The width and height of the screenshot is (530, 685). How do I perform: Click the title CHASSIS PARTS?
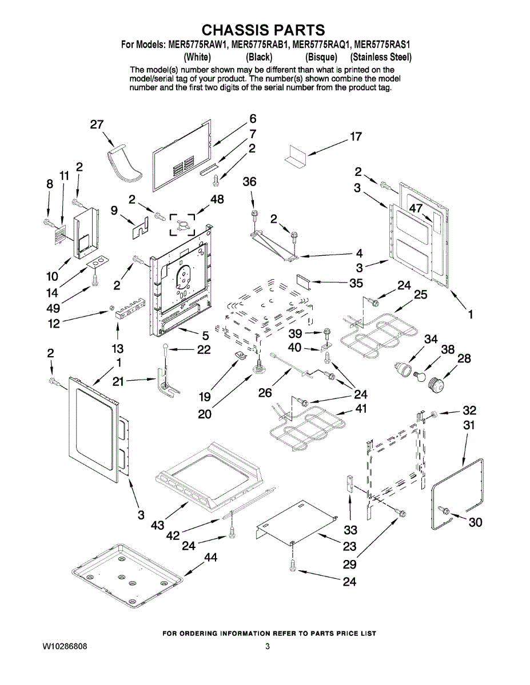point(264,30)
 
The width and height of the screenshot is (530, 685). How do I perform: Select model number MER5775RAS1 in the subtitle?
point(384,44)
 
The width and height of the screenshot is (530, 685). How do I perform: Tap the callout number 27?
point(97,124)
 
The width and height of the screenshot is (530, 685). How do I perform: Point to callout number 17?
point(356,137)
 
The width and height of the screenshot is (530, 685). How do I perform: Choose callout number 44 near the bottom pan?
point(210,558)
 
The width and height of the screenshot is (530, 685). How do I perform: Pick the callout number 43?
point(158,525)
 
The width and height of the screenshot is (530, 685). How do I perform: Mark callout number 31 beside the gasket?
point(469,425)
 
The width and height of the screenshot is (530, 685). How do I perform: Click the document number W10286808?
point(65,646)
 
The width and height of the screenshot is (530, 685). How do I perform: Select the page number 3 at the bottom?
point(267,646)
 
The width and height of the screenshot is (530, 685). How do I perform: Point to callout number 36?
point(249,182)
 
